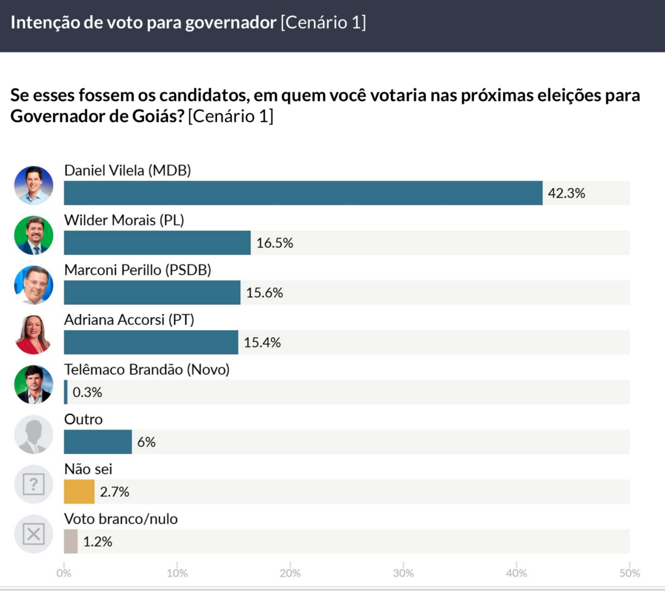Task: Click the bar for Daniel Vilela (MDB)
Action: pos(303,193)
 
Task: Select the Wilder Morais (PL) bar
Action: pos(157,243)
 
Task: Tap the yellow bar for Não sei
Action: pos(79,492)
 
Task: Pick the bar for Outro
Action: pos(98,442)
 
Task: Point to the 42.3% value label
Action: pos(566,193)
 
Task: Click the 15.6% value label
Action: pos(264,293)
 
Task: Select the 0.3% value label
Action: pos(87,392)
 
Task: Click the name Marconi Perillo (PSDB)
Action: pos(138,271)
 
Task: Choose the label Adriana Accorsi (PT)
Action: pos(129,320)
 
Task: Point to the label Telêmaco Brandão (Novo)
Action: pos(147,370)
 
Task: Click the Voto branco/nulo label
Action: pos(121,519)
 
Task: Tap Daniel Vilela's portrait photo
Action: pos(34,186)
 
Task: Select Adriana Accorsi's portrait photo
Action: pos(34,335)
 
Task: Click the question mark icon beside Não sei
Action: pos(34,484)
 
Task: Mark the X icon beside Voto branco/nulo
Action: pos(34,534)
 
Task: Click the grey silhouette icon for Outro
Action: pos(34,435)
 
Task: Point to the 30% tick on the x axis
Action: pos(403,573)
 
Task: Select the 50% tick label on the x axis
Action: pos(629,573)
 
